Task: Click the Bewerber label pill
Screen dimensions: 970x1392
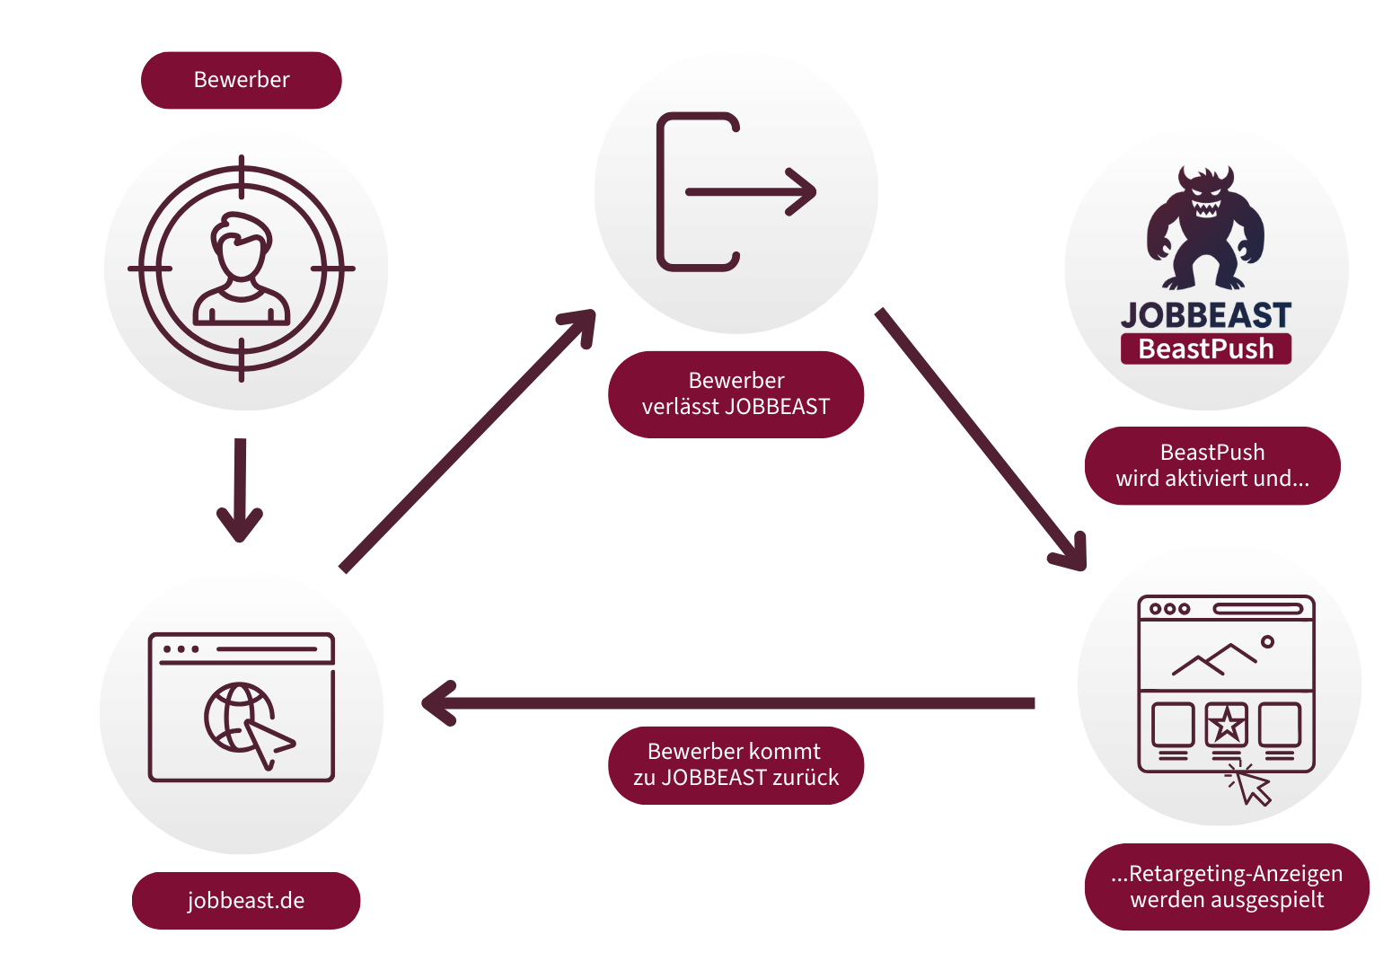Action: click(x=241, y=80)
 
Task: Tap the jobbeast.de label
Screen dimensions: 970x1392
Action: click(x=246, y=900)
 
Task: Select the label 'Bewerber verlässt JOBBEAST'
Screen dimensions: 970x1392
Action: click(x=736, y=394)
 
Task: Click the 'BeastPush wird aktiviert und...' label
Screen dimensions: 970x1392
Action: click(x=1211, y=465)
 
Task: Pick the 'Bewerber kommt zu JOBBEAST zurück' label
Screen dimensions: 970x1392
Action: click(x=736, y=764)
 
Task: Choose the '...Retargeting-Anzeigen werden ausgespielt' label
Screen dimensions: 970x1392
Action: click(x=1227, y=886)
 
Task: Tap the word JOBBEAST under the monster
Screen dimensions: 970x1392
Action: click(x=1205, y=315)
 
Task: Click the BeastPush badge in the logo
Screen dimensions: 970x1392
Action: click(x=1205, y=348)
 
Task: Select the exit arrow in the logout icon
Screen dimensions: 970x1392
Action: click(x=751, y=191)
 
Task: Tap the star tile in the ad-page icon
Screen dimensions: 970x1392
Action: click(x=1226, y=724)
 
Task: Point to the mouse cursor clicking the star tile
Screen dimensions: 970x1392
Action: click(x=1251, y=785)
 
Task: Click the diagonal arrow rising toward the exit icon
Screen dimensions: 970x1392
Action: click(x=468, y=440)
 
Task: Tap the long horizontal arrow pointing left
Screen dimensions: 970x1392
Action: click(x=728, y=703)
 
